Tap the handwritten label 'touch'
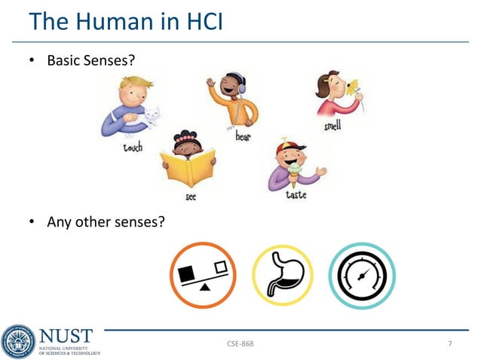(132, 148)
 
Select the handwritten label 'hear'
(243, 137)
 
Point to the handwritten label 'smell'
(332, 126)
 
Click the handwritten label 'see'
(191, 197)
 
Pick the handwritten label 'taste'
(296, 195)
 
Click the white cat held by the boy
(150, 117)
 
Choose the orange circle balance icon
(203, 275)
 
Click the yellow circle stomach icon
(282, 276)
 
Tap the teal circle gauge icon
(362, 276)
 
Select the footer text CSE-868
(240, 344)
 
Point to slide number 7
(450, 344)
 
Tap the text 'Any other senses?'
(106, 221)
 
